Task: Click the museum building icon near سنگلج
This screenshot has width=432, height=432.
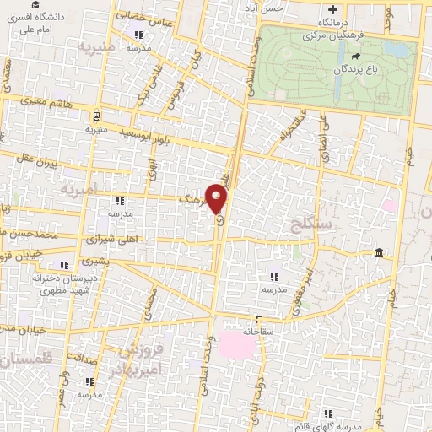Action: click(380, 253)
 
